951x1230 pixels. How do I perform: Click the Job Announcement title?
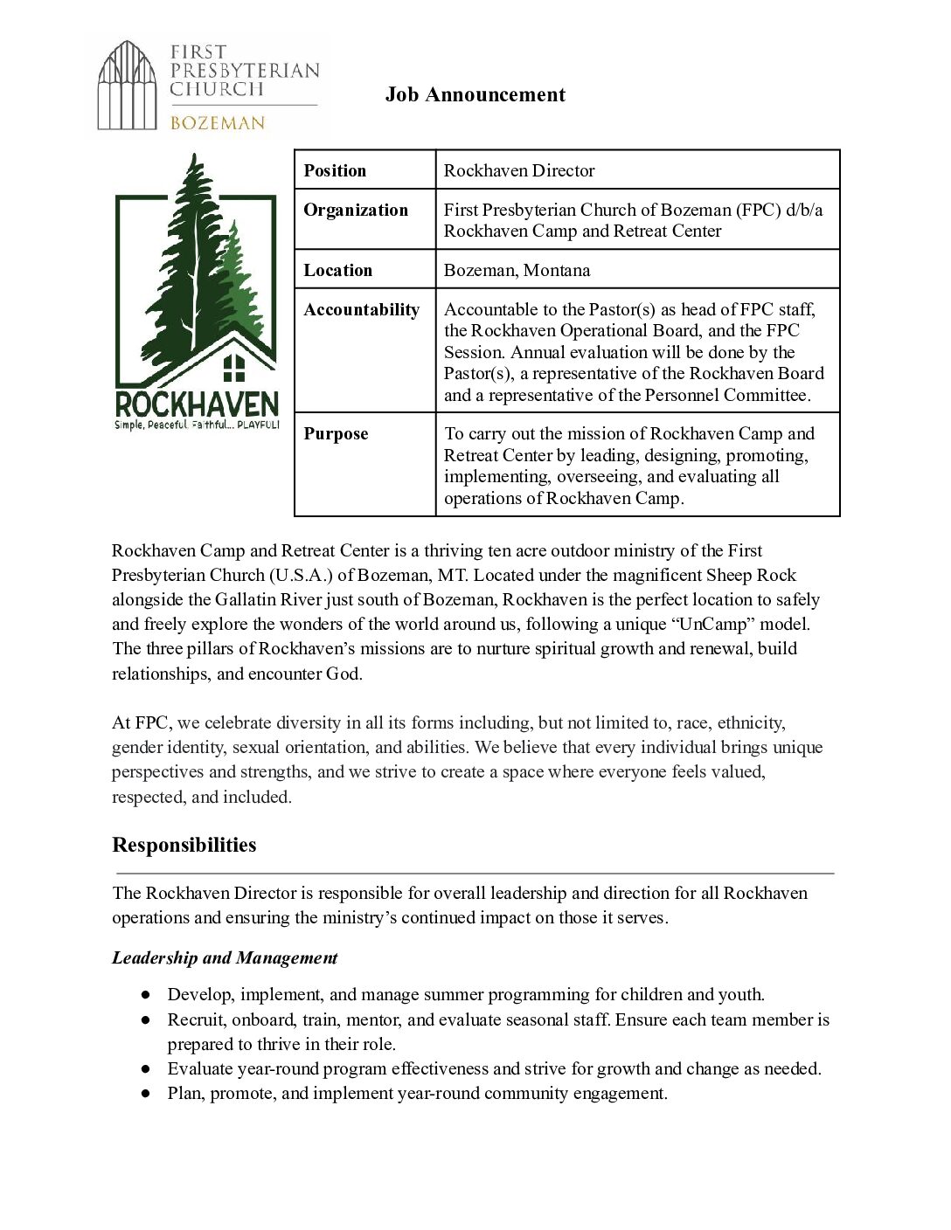tap(475, 94)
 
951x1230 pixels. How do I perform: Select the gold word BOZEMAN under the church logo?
tap(217, 123)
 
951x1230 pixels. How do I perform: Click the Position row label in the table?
tap(335, 170)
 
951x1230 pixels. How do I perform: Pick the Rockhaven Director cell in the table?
tap(519, 170)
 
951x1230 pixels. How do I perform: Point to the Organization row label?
tap(356, 210)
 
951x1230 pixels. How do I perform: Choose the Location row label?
tap(337, 270)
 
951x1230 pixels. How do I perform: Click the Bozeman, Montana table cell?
tap(517, 270)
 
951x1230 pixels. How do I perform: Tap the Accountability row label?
tap(361, 309)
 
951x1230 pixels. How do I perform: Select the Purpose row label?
tap(336, 433)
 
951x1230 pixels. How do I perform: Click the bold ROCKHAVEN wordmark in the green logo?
tap(197, 404)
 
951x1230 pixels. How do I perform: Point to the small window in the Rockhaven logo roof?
tap(233, 368)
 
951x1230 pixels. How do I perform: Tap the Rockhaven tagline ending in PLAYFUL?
tap(197, 425)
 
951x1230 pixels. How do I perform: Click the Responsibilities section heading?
tap(184, 845)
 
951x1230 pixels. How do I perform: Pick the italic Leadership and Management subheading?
tap(225, 957)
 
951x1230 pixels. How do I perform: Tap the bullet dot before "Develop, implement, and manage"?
tap(146, 995)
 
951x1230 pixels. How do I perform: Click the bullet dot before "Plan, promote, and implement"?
tap(146, 1094)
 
